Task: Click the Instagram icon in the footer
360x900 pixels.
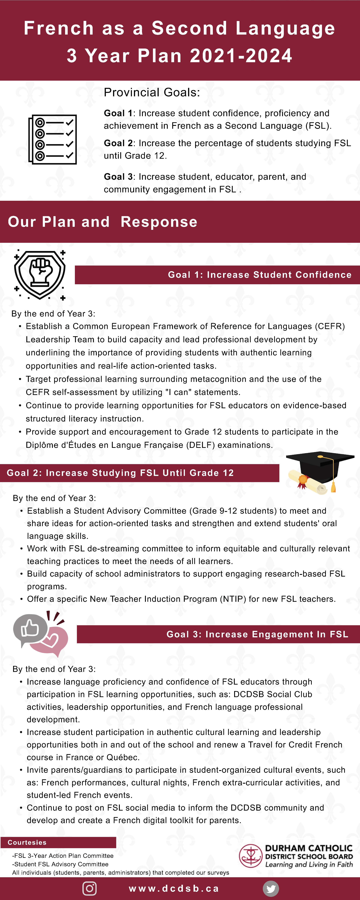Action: coord(89,888)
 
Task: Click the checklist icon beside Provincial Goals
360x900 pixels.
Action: coord(52,139)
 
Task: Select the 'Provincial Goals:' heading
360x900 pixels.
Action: coord(152,92)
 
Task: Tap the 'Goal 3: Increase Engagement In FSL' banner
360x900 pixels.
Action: coord(257,634)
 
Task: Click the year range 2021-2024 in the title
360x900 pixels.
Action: coord(241,56)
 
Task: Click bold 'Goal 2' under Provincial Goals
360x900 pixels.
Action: coord(118,143)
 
